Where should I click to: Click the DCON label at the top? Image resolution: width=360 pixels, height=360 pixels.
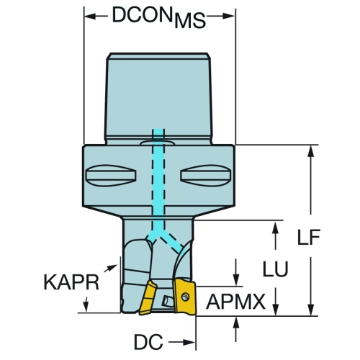[143, 15]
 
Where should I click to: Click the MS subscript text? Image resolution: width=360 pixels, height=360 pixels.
[190, 21]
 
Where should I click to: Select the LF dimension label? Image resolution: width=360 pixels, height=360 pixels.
[309, 237]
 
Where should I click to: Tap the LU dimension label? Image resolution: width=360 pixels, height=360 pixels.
[275, 269]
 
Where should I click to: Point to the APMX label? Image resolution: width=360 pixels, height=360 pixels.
[235, 302]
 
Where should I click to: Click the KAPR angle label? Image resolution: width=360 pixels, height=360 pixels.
[71, 282]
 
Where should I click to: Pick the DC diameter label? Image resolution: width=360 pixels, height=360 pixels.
[148, 342]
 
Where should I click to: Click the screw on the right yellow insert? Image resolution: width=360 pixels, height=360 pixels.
[185, 297]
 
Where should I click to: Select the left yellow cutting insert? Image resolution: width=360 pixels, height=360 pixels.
[148, 297]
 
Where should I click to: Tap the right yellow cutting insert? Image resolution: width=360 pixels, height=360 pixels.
[185, 296]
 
